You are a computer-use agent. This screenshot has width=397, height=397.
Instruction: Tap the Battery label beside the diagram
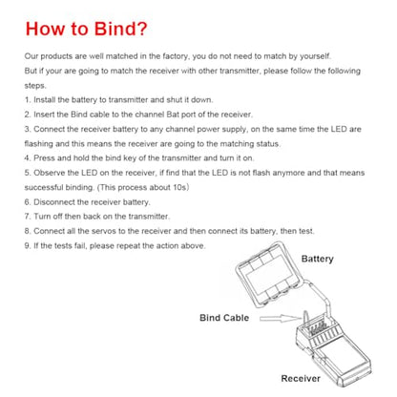tap(317, 259)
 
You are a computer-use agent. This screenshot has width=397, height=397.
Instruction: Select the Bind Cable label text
tap(224, 318)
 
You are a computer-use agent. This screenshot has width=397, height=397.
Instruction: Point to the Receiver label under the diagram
tap(301, 378)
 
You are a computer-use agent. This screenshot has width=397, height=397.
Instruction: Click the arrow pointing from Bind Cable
tap(280, 318)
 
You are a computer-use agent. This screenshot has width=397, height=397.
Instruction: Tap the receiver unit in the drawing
tap(332, 351)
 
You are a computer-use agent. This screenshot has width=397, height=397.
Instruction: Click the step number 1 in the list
tap(28, 100)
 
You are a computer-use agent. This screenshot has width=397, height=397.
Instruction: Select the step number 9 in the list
tap(28, 246)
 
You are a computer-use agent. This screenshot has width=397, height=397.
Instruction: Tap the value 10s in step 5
tap(179, 187)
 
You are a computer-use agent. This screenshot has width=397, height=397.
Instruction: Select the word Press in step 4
tap(44, 158)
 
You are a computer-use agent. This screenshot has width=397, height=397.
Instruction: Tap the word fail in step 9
tap(79, 246)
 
